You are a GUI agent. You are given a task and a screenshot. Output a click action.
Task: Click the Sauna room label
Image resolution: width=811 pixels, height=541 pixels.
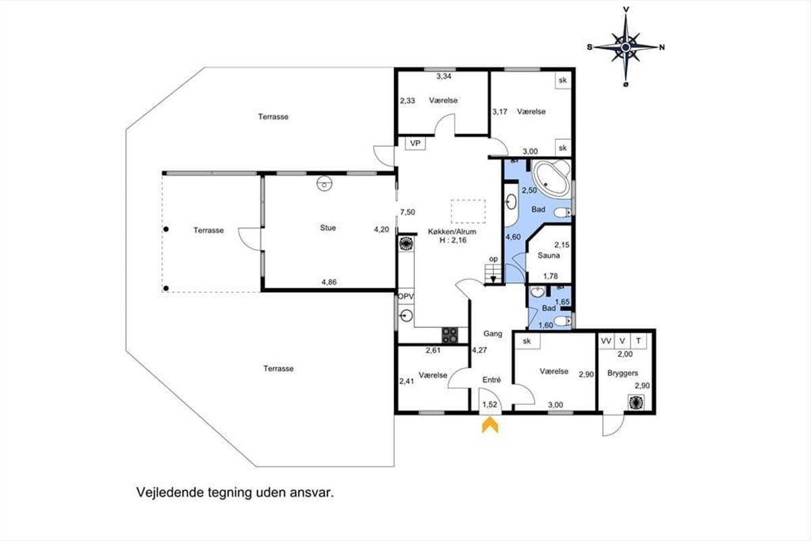pos(549,256)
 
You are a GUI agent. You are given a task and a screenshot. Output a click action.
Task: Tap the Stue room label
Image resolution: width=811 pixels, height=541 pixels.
pos(328,228)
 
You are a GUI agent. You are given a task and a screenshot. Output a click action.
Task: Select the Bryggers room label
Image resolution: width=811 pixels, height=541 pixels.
pos(622,373)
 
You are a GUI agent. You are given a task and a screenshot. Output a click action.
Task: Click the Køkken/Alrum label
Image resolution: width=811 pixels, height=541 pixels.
pos(452,231)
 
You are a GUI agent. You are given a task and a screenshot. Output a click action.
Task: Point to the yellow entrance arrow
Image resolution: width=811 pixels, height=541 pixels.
pos(490,425)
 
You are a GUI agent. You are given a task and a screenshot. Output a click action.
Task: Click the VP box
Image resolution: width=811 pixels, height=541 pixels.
pos(415,143)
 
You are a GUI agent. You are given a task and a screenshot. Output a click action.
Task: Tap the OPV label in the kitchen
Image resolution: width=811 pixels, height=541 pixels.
pos(405,296)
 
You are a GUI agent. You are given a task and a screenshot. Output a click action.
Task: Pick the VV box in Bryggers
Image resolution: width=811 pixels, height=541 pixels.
pos(606,341)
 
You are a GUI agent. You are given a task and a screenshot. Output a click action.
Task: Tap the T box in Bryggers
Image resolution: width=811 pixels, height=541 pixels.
pos(639,341)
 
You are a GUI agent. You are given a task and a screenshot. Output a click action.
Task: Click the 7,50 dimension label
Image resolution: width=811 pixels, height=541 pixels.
pos(408,212)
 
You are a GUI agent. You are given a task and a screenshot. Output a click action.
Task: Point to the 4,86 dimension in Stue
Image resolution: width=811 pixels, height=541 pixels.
pos(328,282)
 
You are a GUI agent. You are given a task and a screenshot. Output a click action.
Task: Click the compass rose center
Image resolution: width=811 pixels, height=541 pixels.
pos(625,47)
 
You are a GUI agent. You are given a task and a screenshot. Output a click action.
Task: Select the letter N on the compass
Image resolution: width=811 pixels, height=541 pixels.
pos(662,47)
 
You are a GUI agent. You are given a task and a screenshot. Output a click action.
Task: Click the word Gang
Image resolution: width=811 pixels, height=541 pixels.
pos(493,333)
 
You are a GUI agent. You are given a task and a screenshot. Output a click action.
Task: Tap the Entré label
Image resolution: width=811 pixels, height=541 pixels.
pos(492,380)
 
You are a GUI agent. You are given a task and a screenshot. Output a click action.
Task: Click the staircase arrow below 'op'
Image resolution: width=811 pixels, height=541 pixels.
pos(493,279)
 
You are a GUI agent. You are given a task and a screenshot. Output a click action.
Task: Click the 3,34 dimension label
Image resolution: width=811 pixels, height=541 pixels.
pos(443,76)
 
